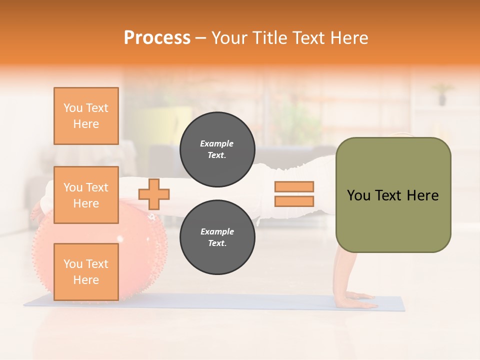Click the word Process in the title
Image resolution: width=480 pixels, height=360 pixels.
pyautogui.click(x=157, y=38)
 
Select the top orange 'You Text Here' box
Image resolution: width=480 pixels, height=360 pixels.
pyautogui.click(x=86, y=116)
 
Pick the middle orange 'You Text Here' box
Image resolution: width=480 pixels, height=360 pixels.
pyautogui.click(x=86, y=195)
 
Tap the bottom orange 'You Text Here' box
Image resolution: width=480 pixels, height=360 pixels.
pyautogui.click(x=86, y=272)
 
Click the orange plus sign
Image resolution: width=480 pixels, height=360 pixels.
pyautogui.click(x=154, y=194)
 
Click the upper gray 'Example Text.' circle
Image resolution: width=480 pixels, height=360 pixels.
pyautogui.click(x=217, y=149)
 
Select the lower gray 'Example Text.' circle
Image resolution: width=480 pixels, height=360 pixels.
pyautogui.click(x=217, y=237)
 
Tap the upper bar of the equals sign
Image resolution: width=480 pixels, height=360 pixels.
pyautogui.click(x=294, y=187)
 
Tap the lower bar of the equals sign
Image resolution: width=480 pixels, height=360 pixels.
pyautogui.click(x=294, y=201)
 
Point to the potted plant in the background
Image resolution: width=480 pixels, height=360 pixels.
pyautogui.click(x=442, y=94)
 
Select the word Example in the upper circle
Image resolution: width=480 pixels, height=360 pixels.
pyautogui.click(x=217, y=143)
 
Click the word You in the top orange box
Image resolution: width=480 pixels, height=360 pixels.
pyautogui.click(x=73, y=108)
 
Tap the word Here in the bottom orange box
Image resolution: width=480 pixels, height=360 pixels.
pyautogui.click(x=86, y=280)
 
